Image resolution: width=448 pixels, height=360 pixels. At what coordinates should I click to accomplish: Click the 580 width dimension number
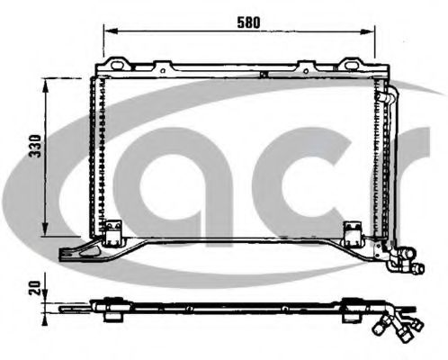coord(248,22)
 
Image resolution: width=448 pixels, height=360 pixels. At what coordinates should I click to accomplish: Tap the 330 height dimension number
coord(35,146)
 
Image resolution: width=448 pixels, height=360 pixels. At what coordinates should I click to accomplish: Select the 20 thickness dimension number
coord(35,288)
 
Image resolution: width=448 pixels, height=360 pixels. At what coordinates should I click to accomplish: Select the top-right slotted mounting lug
coord(350,64)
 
